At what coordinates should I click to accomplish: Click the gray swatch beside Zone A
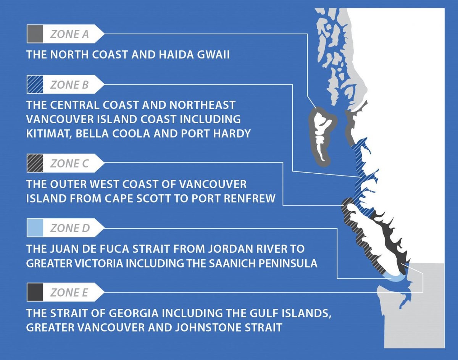click(x=35, y=34)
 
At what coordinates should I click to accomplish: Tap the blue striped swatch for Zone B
click(x=35, y=84)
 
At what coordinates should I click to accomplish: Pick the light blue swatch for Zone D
click(x=35, y=228)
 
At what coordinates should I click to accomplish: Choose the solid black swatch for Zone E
click(x=35, y=292)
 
